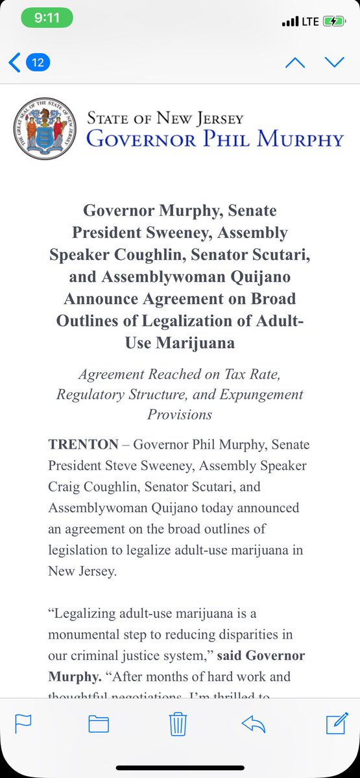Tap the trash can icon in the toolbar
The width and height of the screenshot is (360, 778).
point(178,724)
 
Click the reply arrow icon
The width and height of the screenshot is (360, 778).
point(254,724)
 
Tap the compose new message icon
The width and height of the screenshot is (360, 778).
point(336,724)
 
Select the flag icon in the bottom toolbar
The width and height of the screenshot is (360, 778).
point(23,724)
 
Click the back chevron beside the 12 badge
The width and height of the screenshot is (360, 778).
point(14,63)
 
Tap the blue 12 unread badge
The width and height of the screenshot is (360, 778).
point(38,63)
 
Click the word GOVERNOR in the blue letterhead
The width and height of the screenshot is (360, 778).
point(144,138)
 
